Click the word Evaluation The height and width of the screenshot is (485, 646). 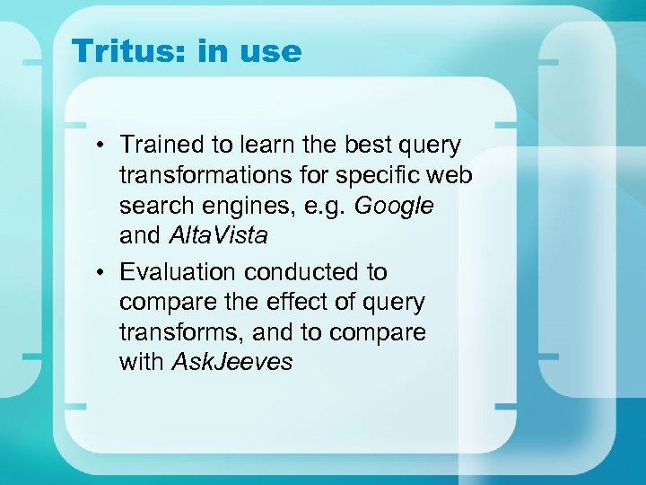pos(178,271)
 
